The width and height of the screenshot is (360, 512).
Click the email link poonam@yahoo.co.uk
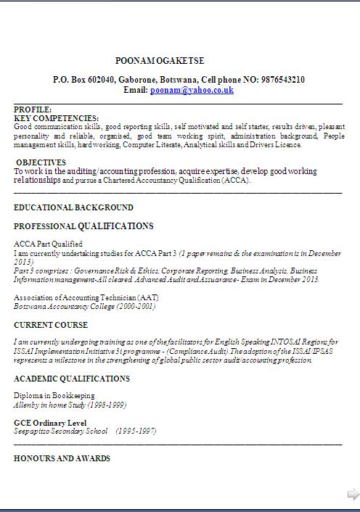click(x=192, y=90)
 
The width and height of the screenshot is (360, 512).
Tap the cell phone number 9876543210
click(x=279, y=80)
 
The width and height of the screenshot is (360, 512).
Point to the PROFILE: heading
click(x=33, y=110)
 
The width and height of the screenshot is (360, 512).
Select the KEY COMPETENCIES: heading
click(x=56, y=117)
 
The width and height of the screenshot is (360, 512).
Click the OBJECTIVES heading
click(x=41, y=162)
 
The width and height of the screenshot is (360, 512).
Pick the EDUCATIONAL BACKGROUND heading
click(x=73, y=207)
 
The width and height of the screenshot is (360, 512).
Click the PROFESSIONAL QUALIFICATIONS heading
click(x=83, y=226)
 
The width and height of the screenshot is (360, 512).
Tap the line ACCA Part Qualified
click(x=48, y=244)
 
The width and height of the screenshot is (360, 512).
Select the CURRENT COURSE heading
click(x=51, y=325)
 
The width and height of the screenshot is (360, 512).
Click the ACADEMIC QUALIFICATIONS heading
click(x=72, y=379)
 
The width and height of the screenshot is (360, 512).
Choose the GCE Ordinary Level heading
click(x=50, y=423)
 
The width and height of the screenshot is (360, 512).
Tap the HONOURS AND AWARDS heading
click(x=62, y=458)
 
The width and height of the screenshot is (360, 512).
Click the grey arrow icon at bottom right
click(x=353, y=495)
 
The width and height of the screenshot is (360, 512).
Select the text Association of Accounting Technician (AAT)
click(x=86, y=297)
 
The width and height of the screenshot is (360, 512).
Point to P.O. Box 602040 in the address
click(x=84, y=80)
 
